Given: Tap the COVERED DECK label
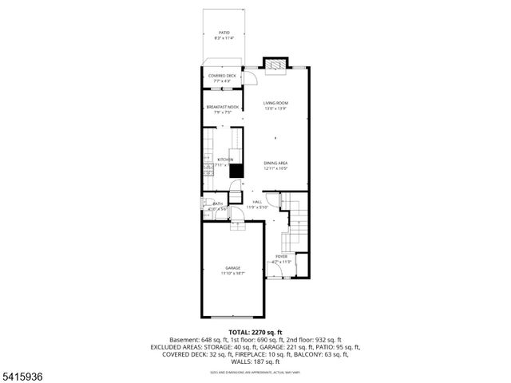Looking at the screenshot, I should (x=223, y=76).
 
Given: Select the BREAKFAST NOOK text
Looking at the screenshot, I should (x=223, y=107).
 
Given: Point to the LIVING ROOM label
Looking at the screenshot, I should (x=276, y=103).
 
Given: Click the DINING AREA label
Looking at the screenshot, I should (x=276, y=164).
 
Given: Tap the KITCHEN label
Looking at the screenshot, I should (x=225, y=160).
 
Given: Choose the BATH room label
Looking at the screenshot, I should (x=218, y=204).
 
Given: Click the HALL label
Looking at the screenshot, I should (x=257, y=202).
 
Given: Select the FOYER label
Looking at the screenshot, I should (x=282, y=256).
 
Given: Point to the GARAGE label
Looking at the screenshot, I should (x=232, y=268).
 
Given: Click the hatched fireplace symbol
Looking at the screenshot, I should (x=276, y=65).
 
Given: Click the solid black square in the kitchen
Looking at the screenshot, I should (x=236, y=170).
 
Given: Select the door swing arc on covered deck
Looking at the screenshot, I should (x=249, y=77).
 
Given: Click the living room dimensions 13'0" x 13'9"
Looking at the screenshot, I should (x=276, y=109).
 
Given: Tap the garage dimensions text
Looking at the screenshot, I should (x=232, y=274).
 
